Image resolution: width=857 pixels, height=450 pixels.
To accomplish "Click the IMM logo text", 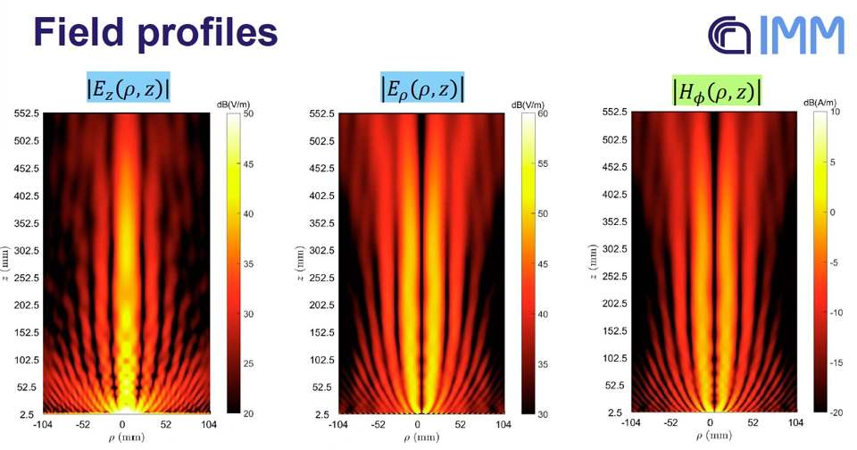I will coord(804,35).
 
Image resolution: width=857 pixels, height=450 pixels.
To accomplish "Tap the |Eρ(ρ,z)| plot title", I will coord(422,88).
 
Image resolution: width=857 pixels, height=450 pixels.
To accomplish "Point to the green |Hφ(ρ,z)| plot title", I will coord(716,91).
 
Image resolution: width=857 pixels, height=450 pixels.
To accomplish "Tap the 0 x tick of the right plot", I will coord(711,423).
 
